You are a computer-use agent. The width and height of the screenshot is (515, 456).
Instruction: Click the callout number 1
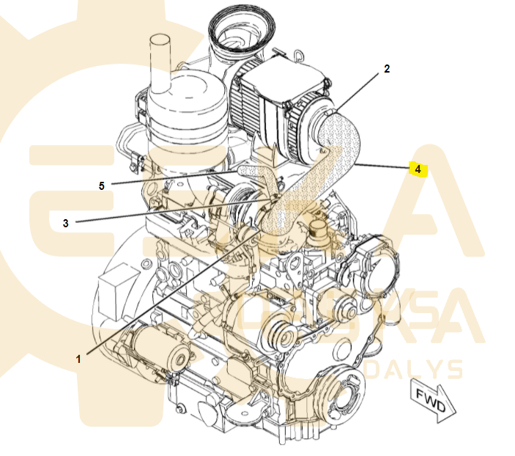pyautogui.click(x=78, y=358)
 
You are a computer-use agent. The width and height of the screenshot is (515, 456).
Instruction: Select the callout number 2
pyautogui.click(x=387, y=70)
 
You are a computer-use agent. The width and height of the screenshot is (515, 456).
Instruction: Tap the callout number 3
pyautogui.click(x=65, y=223)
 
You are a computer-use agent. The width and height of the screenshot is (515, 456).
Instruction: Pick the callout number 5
pyautogui.click(x=102, y=186)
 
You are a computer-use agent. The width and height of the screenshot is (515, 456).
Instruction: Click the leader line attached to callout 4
pyautogui.click(x=385, y=166)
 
